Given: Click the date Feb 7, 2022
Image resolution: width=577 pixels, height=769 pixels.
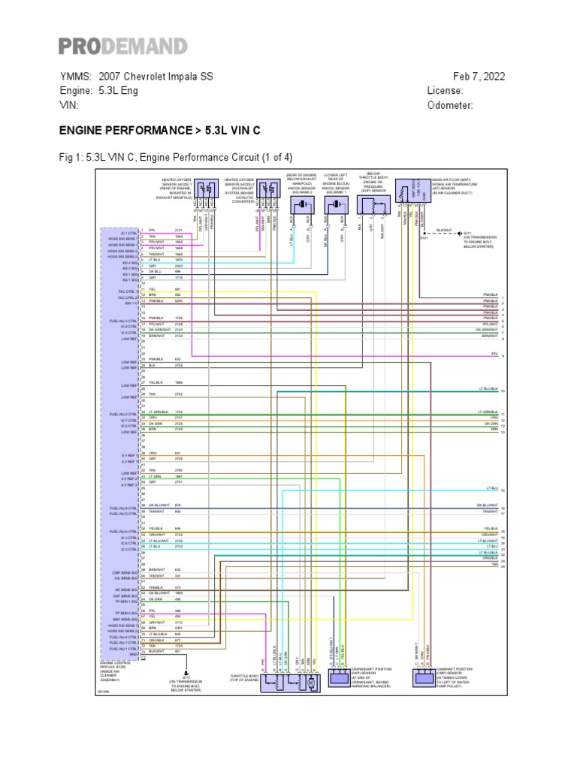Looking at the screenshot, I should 479,77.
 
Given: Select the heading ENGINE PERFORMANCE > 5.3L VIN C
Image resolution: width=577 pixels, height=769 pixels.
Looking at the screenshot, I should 159,131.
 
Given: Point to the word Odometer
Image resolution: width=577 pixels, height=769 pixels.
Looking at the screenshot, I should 450,105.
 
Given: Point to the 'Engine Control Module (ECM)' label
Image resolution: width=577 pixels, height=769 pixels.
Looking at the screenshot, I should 115,668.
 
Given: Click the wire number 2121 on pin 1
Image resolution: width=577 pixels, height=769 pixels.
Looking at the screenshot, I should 179,230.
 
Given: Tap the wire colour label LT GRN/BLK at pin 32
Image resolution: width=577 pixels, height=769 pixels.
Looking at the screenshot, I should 158,412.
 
